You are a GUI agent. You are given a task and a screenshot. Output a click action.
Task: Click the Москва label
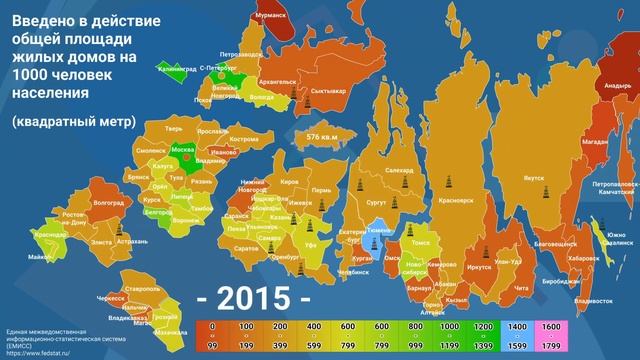[183, 149]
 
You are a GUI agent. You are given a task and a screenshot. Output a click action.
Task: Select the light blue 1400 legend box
[519, 326]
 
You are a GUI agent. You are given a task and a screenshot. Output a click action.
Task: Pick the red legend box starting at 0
[211, 326]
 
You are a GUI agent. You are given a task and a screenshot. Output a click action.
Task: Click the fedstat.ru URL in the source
[41, 351]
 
